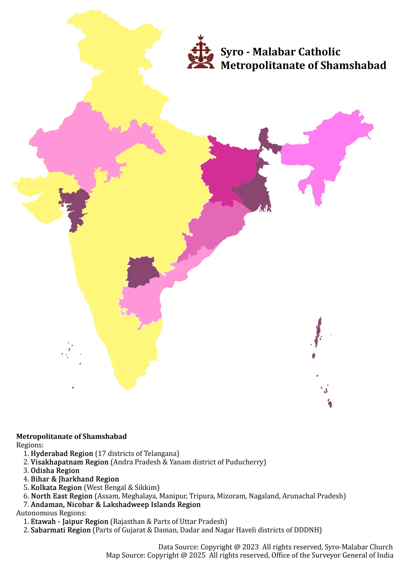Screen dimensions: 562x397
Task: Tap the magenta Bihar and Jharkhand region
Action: [230, 171]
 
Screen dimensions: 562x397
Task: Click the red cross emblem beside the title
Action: [201, 53]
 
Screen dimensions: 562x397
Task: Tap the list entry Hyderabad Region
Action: [62, 454]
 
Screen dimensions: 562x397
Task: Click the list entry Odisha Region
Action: [55, 471]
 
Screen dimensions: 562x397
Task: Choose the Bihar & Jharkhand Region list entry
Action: [75, 479]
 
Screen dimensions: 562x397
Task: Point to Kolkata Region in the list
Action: [56, 487]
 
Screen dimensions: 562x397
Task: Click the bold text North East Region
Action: [62, 496]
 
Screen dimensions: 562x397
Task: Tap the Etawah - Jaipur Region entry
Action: [69, 522]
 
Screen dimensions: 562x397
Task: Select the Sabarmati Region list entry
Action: [61, 530]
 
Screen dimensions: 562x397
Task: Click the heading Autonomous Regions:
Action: [51, 513]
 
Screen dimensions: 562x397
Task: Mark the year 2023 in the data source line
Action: [250, 547]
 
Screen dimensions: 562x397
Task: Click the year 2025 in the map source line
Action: [197, 555]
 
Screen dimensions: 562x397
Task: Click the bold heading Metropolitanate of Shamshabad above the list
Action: [71, 437]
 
